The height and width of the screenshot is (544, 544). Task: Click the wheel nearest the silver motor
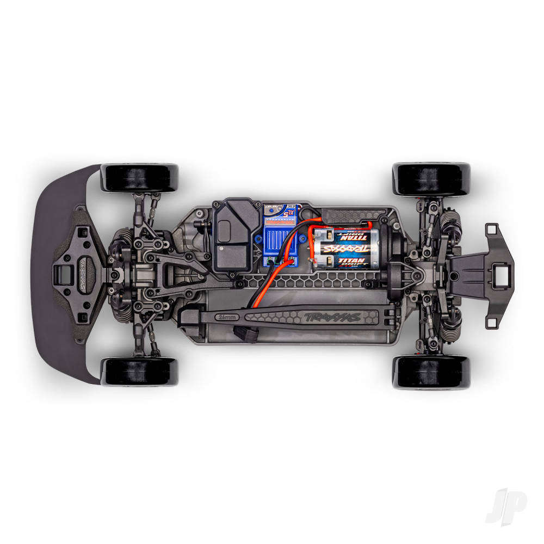(431, 178)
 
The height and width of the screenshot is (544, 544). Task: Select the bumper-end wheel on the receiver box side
(139, 177)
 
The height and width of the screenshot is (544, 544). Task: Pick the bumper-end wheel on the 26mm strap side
(139, 372)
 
